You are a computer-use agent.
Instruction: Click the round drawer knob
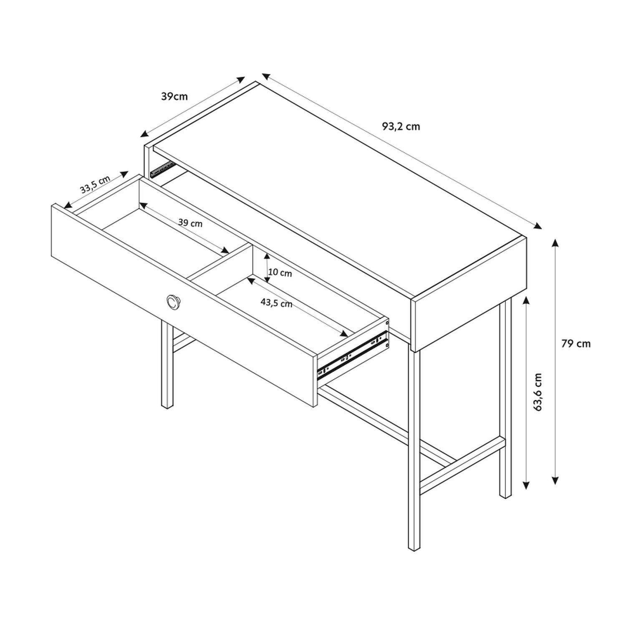173,301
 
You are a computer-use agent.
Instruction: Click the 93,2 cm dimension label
401,126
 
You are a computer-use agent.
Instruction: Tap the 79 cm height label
576,343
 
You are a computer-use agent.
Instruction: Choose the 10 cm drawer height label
280,274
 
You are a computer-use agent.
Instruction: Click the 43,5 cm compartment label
276,303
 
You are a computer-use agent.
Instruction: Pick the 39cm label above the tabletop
174,96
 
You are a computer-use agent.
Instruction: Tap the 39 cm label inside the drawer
190,223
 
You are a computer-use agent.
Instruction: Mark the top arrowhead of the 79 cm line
555,242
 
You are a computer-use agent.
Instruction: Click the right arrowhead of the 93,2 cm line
538,226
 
